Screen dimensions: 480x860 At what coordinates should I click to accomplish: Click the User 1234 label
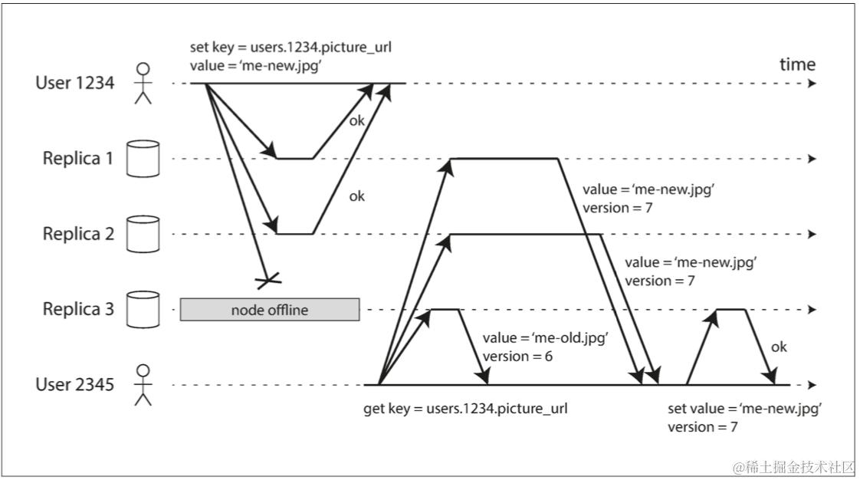[75, 84]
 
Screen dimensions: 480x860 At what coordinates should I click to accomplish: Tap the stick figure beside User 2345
[143, 385]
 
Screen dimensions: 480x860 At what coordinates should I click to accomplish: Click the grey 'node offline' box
[270, 310]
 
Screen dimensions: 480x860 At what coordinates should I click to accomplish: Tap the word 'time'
[797, 64]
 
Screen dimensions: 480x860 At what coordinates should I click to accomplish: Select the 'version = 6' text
[517, 357]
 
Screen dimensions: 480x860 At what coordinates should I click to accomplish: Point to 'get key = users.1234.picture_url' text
[465, 409]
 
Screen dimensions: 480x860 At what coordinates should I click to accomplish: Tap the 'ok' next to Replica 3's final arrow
[779, 347]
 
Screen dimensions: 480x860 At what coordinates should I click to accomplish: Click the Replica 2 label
[78, 234]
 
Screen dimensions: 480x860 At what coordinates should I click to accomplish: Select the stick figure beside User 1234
[143, 84]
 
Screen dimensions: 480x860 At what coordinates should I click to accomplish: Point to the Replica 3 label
[78, 309]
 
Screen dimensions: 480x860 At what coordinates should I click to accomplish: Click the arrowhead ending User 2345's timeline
[812, 385]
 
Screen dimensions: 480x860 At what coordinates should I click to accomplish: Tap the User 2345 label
[75, 384]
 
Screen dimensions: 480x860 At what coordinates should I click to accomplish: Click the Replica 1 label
[78, 159]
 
